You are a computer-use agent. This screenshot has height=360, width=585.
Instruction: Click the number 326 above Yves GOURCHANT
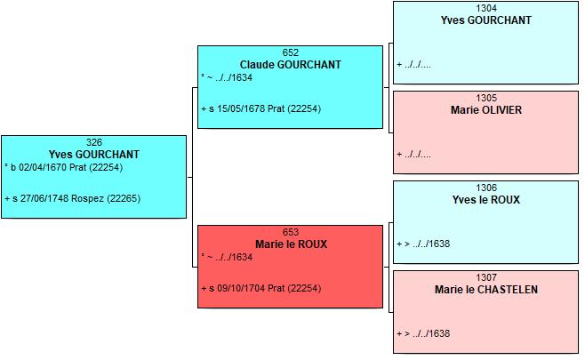[x=94, y=142]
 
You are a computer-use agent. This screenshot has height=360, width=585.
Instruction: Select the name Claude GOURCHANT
[x=290, y=65]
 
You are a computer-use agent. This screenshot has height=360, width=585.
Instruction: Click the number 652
[x=290, y=52]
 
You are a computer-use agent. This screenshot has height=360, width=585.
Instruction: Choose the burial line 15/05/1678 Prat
[x=261, y=108]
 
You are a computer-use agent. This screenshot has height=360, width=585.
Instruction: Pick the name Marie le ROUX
[x=291, y=244]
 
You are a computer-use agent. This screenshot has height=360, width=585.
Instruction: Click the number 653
[x=290, y=232]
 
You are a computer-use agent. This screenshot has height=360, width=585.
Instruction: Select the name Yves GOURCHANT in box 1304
[x=485, y=20]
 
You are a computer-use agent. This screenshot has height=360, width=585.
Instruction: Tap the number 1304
[x=486, y=8]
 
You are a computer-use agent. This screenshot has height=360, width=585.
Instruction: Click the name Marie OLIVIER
[x=486, y=110]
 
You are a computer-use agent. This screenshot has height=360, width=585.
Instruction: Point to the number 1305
[x=486, y=98]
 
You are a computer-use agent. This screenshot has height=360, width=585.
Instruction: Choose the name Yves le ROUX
[x=486, y=200]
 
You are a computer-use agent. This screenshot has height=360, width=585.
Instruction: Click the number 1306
[x=486, y=188]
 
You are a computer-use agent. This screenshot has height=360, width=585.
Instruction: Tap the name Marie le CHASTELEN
[x=486, y=290]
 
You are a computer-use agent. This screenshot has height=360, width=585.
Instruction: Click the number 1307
[x=486, y=277]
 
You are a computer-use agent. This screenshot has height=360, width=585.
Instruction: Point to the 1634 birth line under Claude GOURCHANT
[x=227, y=77]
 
